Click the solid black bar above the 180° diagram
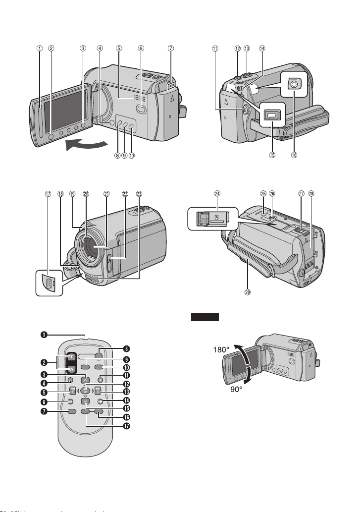205,317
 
